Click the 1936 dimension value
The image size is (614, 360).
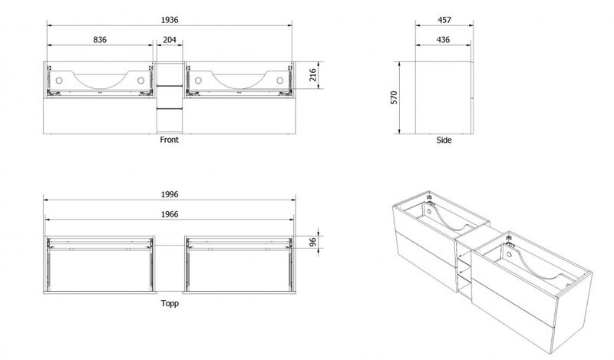pyautogui.click(x=170, y=20)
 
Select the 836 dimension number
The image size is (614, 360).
pyautogui.click(x=100, y=40)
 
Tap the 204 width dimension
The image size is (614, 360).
pyautogui.click(x=170, y=40)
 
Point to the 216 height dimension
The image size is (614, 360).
pyautogui.click(x=313, y=74)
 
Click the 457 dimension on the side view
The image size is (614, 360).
pyautogui.click(x=444, y=20)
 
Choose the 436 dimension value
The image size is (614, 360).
pyautogui.click(x=443, y=40)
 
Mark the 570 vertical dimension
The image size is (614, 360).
pyautogui.click(x=394, y=97)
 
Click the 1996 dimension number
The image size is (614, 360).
pyautogui.click(x=170, y=194)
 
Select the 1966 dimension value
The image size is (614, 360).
pyautogui.click(x=170, y=214)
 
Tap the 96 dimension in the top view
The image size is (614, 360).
pyautogui.click(x=313, y=242)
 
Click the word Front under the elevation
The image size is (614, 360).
pyautogui.click(x=169, y=140)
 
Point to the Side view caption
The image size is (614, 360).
pyautogui.click(x=444, y=140)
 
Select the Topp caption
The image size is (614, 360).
pyautogui.click(x=170, y=303)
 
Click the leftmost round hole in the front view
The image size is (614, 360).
pyautogui.click(x=59, y=81)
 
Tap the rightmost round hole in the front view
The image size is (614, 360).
pyautogui.click(x=280, y=81)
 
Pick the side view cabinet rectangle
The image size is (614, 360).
pyautogui.click(x=444, y=97)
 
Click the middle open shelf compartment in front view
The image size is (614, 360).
pyautogui.click(x=170, y=97)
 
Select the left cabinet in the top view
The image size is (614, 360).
pyautogui.click(x=100, y=264)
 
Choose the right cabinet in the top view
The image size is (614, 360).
pyautogui.click(x=239, y=264)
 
